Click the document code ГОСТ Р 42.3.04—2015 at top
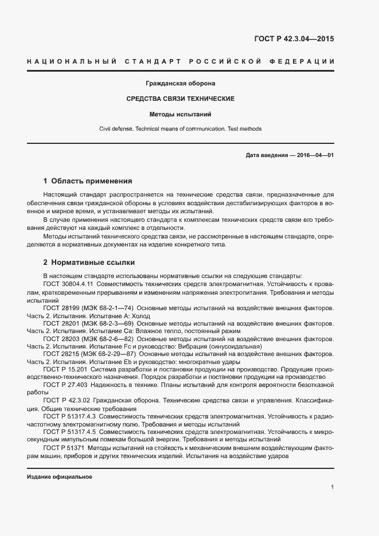(294, 40)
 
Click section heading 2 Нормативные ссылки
(89, 263)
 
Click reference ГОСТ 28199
(60, 308)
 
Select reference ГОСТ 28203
(60, 339)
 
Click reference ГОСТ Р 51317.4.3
(69, 416)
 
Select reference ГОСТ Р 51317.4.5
(69, 432)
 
